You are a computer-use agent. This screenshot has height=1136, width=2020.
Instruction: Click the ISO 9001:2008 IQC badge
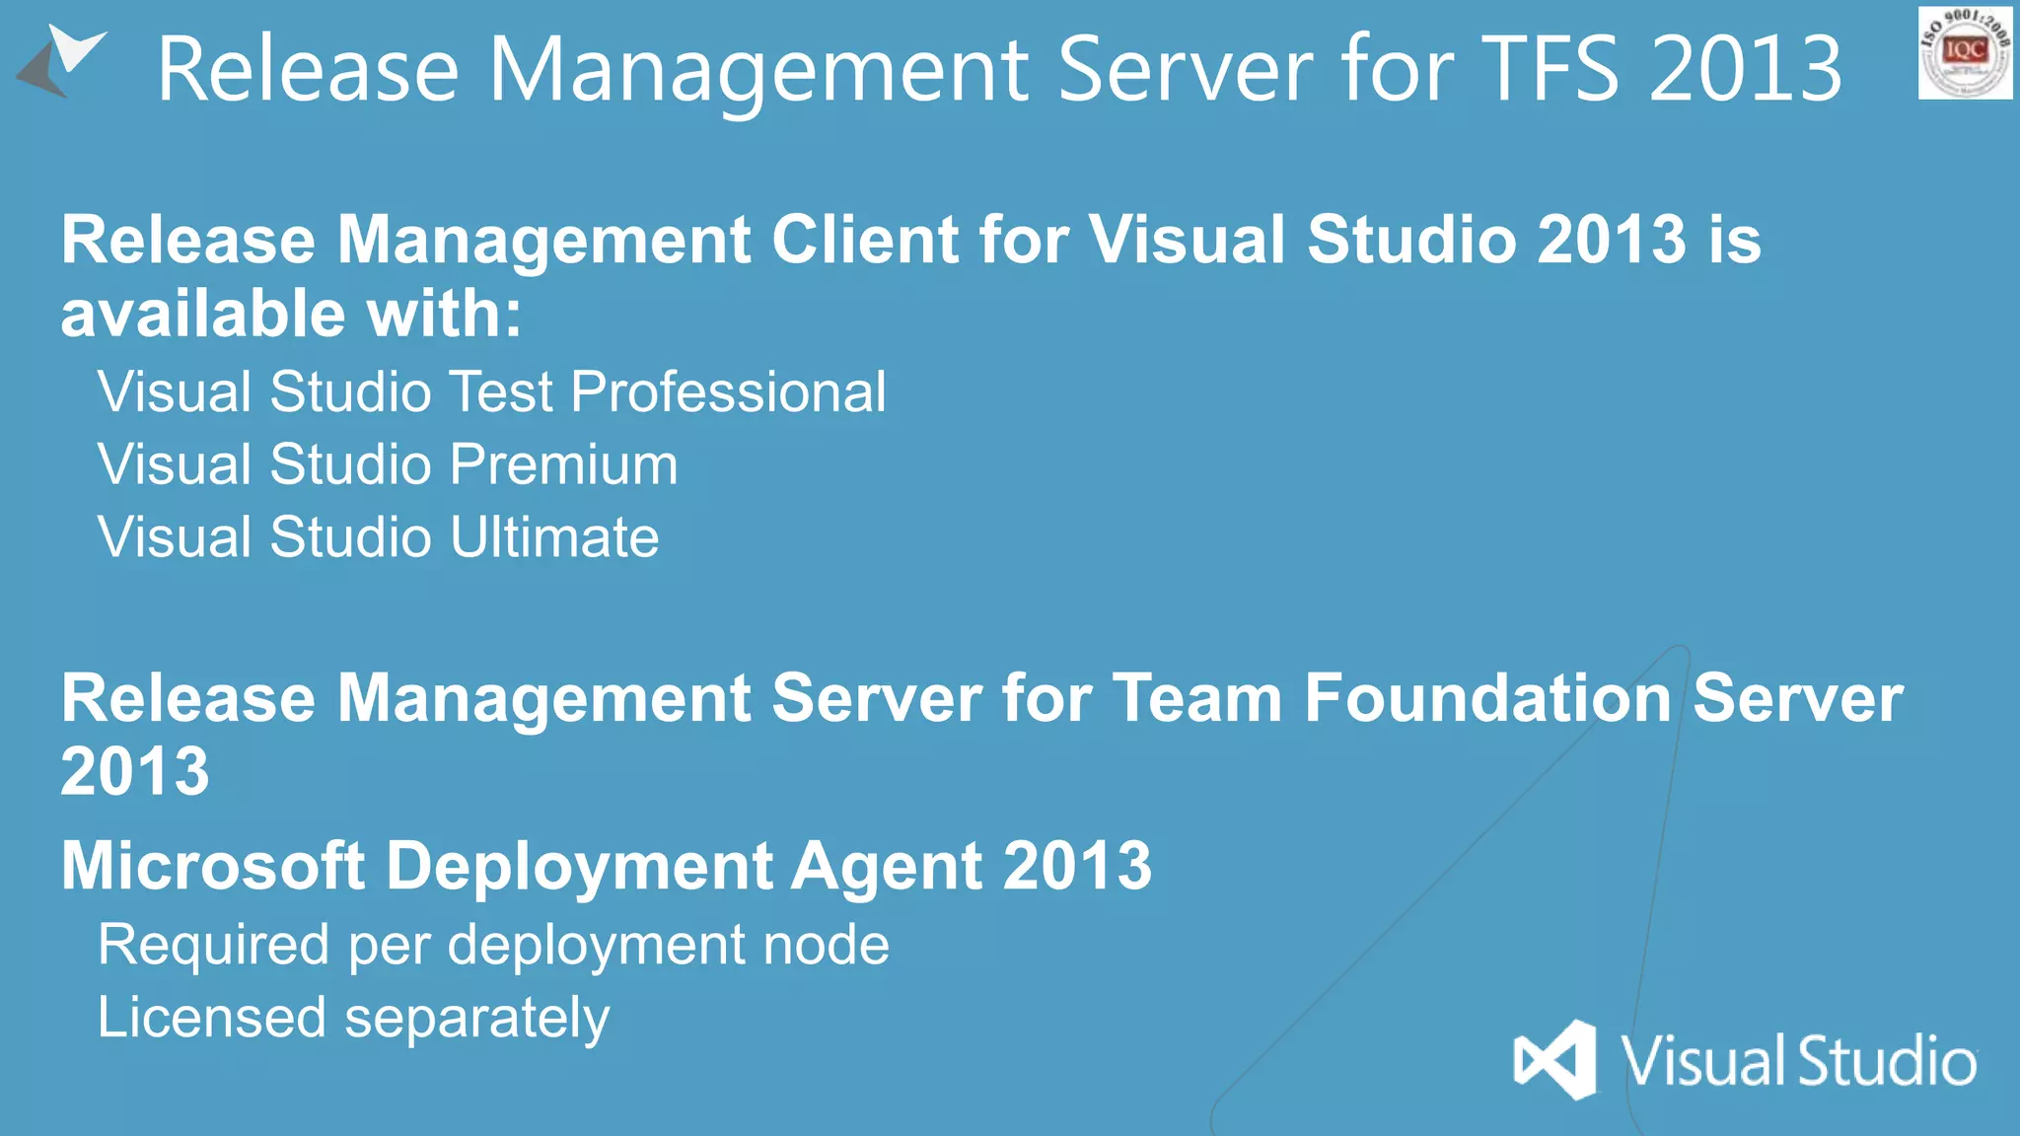[1965, 52]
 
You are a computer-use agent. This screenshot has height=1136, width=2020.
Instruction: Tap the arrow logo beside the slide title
[61, 61]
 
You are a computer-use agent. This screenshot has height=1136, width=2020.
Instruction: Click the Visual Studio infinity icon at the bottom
[1555, 1060]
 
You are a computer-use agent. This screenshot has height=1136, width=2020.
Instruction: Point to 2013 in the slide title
[1745, 69]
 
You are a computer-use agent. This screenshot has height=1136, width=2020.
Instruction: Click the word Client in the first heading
[865, 240]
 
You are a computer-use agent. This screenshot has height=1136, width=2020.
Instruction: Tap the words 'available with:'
[291, 314]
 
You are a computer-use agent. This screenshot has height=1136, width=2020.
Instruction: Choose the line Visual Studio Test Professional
[491, 391]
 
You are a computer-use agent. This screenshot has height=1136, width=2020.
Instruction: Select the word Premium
[565, 464]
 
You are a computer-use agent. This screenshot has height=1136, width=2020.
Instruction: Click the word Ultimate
[554, 537]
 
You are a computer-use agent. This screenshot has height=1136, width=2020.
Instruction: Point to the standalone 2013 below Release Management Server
[135, 771]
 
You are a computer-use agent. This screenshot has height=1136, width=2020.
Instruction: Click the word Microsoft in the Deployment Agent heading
[213, 866]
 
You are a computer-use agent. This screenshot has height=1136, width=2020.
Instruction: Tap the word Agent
[887, 866]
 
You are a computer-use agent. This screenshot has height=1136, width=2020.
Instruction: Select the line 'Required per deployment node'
[493, 945]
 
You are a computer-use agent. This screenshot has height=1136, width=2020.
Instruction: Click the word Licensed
[211, 1018]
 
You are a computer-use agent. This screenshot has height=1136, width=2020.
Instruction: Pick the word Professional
[729, 391]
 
